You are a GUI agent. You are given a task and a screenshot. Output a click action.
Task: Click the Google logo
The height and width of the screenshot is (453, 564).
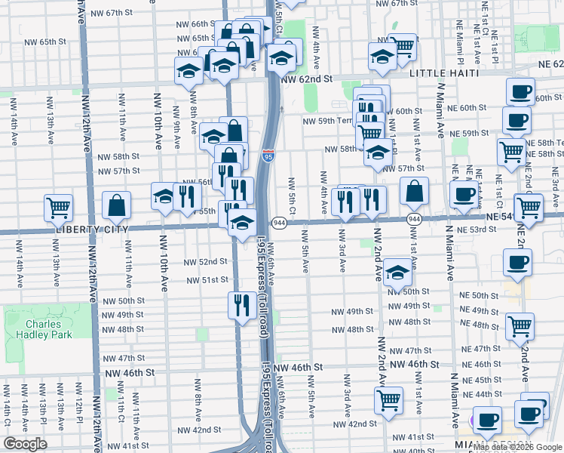(25, 443)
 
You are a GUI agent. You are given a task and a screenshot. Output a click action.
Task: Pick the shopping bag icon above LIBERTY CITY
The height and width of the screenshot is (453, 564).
(117, 204)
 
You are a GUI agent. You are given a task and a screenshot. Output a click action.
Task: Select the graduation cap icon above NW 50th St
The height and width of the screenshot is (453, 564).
(397, 272)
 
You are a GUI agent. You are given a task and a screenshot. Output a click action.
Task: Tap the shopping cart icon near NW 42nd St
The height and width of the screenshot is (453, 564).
(389, 399)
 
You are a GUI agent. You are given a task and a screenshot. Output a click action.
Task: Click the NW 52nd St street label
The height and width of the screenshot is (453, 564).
(205, 262)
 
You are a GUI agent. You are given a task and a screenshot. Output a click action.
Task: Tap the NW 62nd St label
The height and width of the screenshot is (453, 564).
(307, 79)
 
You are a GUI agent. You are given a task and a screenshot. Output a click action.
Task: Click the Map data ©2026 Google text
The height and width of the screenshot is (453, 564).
(512, 445)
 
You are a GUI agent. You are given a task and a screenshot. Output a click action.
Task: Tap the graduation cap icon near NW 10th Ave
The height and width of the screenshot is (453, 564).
(164, 196)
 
